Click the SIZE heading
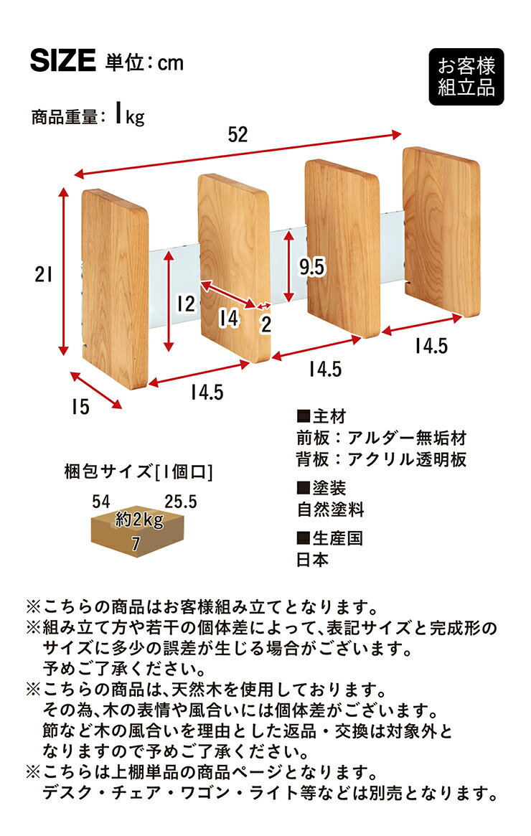point(62,62)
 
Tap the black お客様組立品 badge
point(466,78)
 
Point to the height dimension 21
point(41,273)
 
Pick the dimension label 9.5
point(311,267)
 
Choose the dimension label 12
point(186,304)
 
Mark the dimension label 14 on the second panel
point(228,318)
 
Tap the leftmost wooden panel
point(116,287)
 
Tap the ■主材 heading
point(321,417)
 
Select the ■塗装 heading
point(321,489)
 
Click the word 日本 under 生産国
point(313,560)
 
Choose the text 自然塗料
point(331,510)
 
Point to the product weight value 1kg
point(129,116)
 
